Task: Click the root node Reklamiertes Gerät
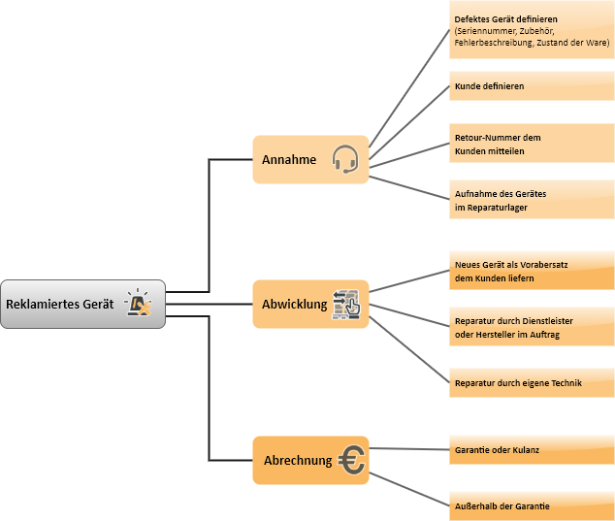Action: [x=82, y=304]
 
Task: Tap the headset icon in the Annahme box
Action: [x=344, y=158]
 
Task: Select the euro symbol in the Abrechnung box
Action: [x=352, y=461]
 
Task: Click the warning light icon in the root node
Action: [x=140, y=303]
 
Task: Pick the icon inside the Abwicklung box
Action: [x=346, y=304]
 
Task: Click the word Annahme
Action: [x=289, y=159]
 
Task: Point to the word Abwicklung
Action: [x=295, y=305]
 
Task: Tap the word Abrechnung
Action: [x=298, y=461]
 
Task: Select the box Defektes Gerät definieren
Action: [x=532, y=31]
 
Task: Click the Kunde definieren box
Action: [x=532, y=86]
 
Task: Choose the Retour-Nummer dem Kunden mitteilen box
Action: [x=532, y=144]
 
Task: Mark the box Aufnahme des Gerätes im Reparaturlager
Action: [x=532, y=200]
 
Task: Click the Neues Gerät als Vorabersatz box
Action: [x=532, y=271]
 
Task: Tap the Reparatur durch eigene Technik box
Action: [x=532, y=382]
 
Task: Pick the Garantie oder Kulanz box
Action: [x=532, y=450]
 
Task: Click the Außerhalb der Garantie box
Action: [x=532, y=506]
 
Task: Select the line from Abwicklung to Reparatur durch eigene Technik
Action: [x=408, y=345]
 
